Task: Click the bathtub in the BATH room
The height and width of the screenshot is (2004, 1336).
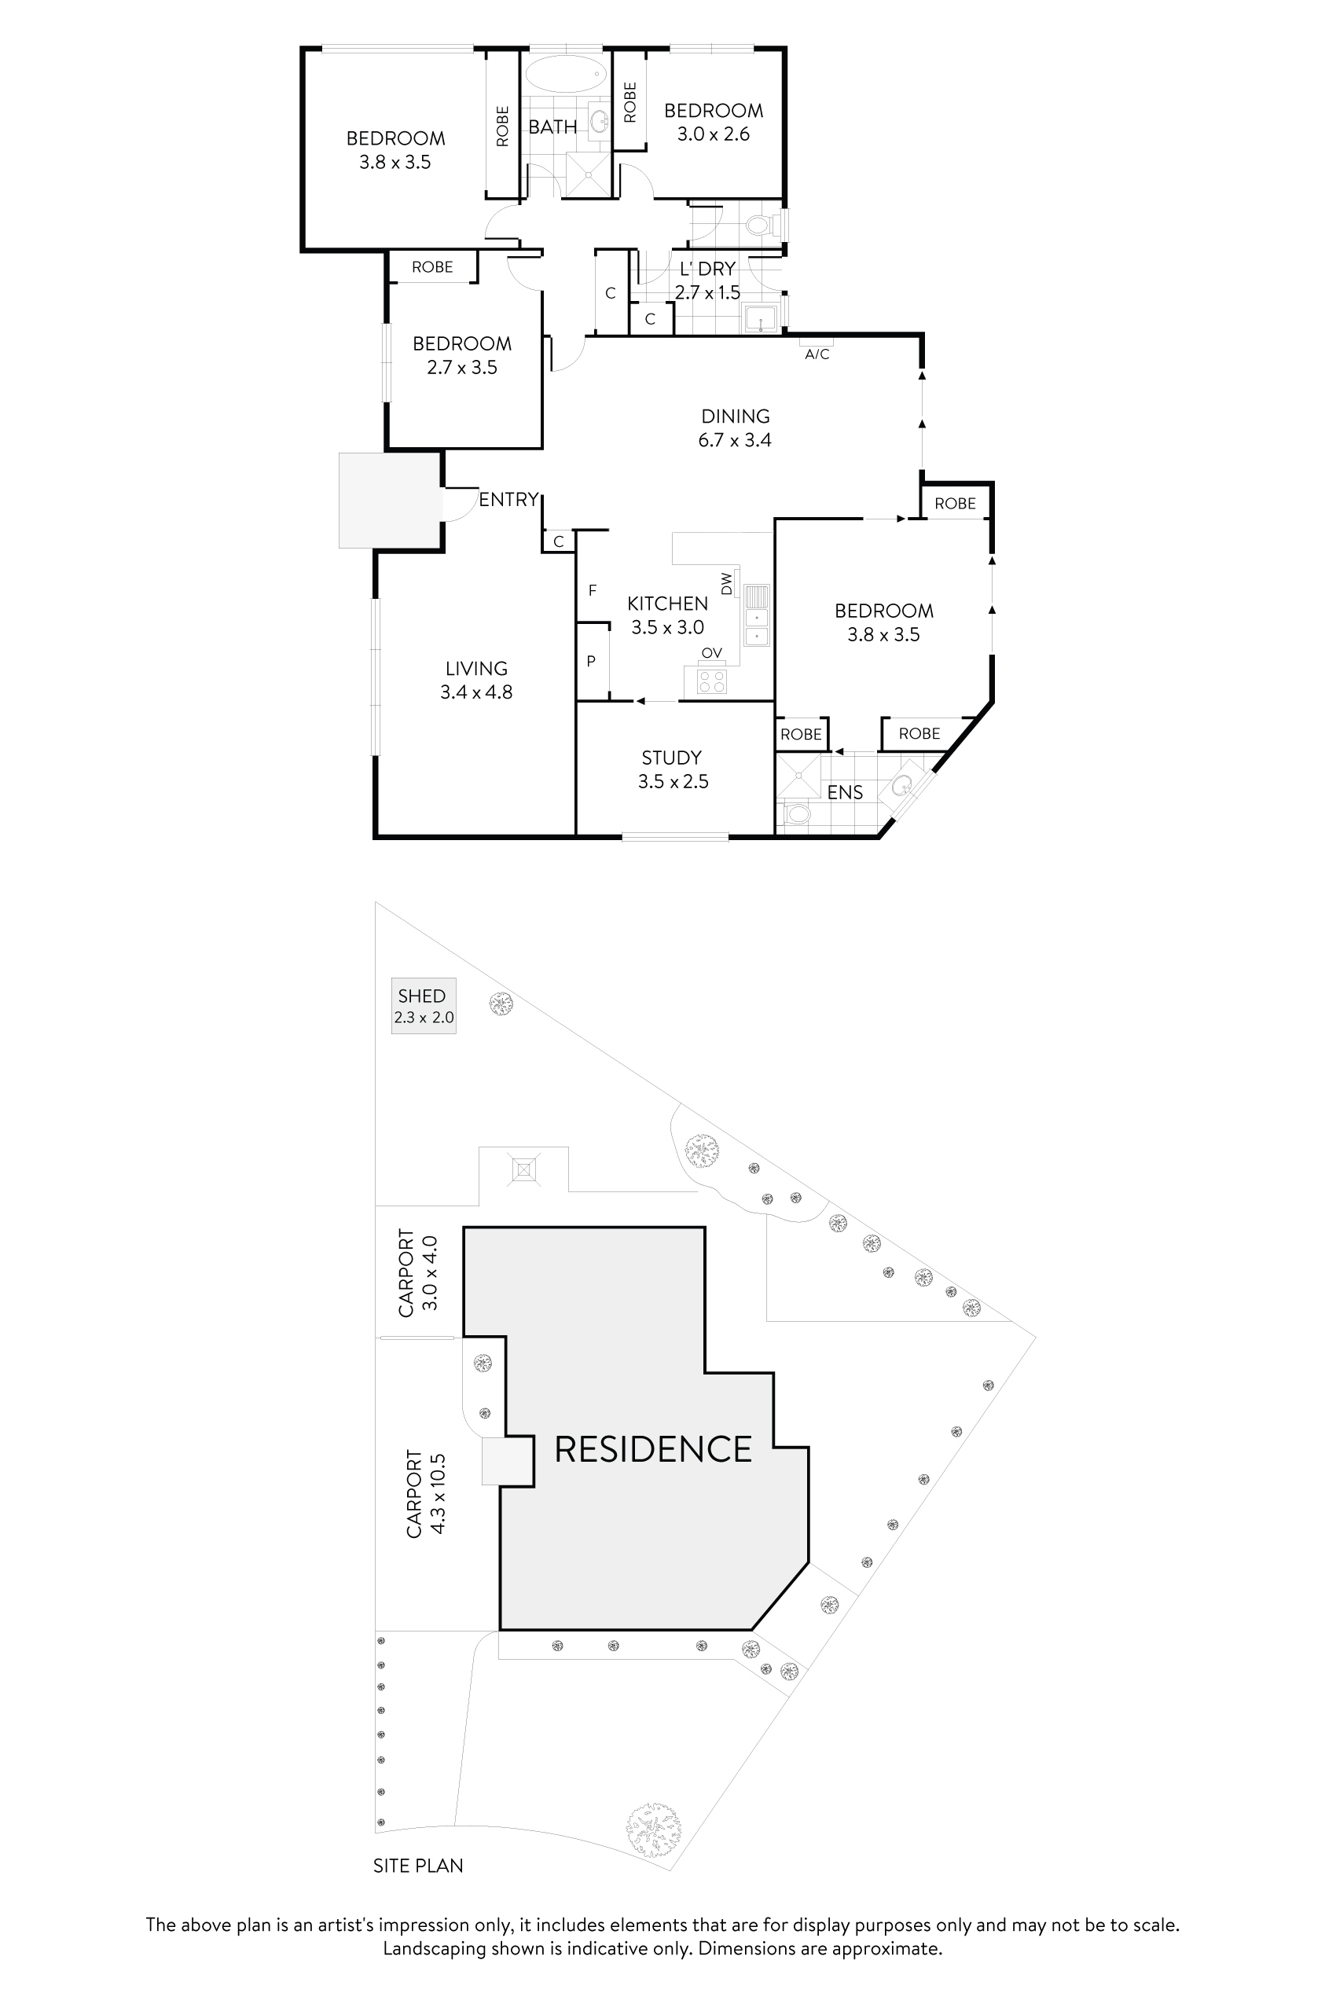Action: click(566, 75)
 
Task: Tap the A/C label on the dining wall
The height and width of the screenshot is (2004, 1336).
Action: click(817, 354)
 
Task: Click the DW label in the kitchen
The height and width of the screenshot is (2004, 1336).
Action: click(727, 584)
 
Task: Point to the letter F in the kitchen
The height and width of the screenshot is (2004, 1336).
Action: click(593, 590)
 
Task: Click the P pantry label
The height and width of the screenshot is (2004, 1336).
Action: click(590, 661)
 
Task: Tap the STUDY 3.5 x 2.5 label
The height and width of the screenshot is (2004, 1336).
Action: click(672, 769)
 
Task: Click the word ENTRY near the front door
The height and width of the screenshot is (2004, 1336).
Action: click(508, 499)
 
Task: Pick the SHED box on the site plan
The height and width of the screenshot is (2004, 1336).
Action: click(424, 1005)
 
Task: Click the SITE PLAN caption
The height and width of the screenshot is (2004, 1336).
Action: click(417, 1866)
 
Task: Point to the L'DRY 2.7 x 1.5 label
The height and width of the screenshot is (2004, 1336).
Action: click(707, 281)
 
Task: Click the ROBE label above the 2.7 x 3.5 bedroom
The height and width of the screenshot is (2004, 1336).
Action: click(432, 266)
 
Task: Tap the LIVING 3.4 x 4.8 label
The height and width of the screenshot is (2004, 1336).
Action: click(475, 680)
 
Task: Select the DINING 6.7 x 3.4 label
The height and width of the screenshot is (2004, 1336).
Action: click(735, 428)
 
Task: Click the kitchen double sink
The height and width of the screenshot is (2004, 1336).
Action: click(756, 615)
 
